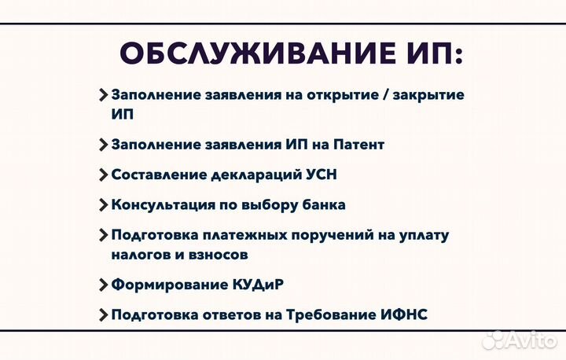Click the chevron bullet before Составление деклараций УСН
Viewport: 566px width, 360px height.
click(x=104, y=174)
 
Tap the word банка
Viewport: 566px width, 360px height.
click(x=323, y=204)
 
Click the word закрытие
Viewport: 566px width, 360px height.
click(x=429, y=94)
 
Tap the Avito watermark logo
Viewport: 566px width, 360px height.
click(x=519, y=339)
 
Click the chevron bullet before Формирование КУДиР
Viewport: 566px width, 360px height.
click(x=104, y=285)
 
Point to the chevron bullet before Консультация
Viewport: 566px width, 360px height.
click(x=104, y=204)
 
